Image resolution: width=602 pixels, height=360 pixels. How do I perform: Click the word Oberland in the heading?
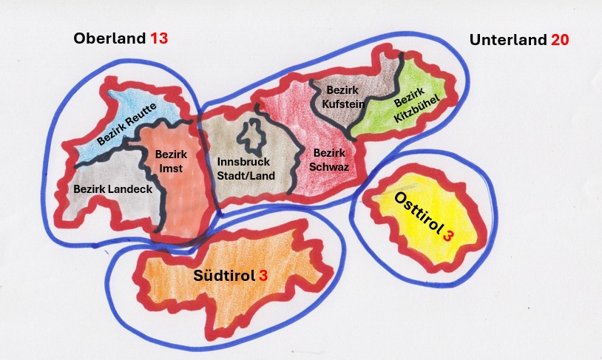[109, 38]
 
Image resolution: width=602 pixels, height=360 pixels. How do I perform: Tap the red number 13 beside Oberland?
[159, 38]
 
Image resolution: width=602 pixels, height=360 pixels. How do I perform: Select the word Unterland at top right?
[508, 39]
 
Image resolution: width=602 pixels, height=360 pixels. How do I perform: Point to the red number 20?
[560, 39]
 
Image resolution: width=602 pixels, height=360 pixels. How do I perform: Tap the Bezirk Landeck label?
[112, 189]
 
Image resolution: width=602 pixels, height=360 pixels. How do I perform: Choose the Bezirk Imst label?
[171, 161]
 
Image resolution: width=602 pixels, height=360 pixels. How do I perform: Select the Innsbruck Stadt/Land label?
[246, 169]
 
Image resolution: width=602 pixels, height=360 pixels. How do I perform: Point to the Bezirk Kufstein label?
[343, 98]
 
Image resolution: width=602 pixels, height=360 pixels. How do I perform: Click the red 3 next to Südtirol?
[263, 276]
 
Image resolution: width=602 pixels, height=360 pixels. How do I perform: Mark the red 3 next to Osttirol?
[447, 236]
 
